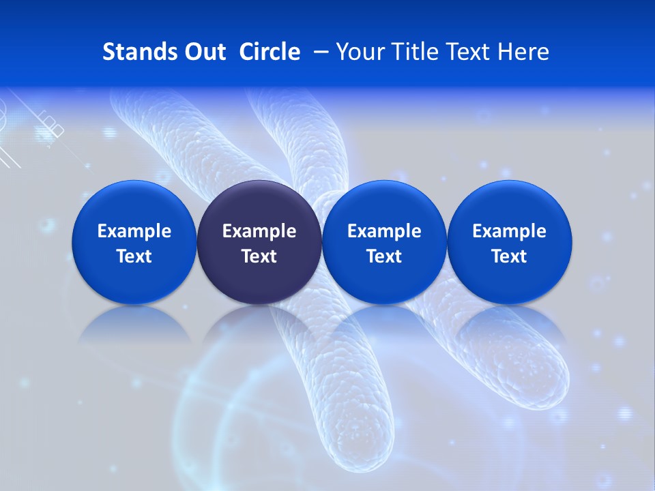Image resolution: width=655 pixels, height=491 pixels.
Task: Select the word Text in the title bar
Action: [470, 52]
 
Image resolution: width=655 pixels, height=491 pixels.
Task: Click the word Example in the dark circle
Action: [259, 231]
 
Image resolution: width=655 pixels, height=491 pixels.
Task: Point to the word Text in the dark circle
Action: [259, 256]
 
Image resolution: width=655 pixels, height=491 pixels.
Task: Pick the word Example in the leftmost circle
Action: [134, 231]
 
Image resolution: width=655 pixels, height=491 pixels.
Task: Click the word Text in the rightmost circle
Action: [509, 256]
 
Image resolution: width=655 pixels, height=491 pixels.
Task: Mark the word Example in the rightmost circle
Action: [509, 231]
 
